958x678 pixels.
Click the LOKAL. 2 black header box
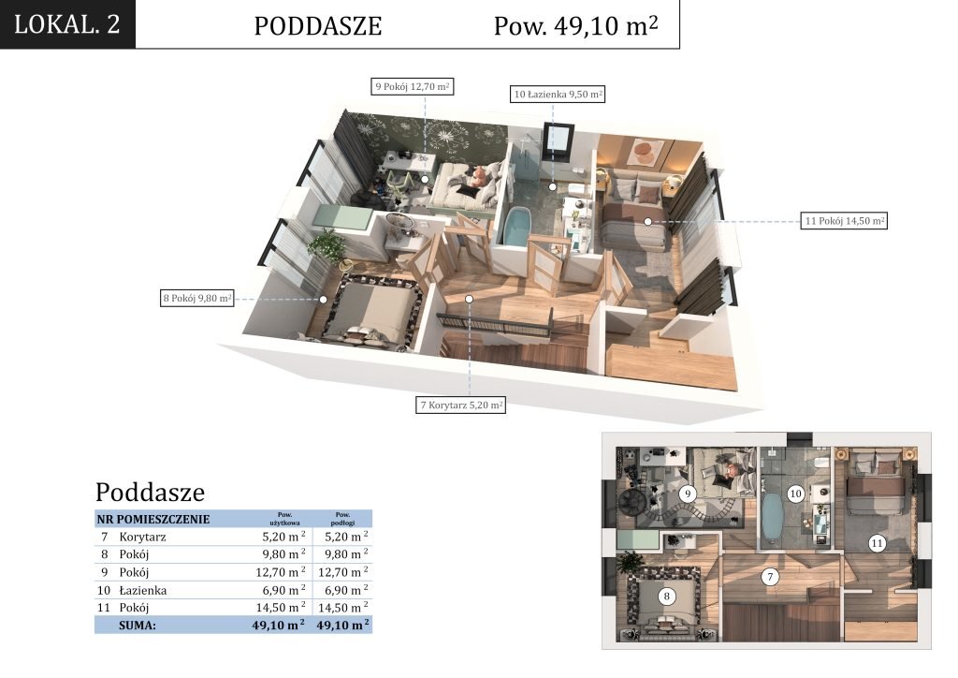pyautogui.click(x=67, y=23)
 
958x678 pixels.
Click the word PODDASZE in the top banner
pyautogui.click(x=318, y=26)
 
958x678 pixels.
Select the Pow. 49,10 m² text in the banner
pyautogui.click(x=575, y=25)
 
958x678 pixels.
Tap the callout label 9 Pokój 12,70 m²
pyautogui.click(x=413, y=86)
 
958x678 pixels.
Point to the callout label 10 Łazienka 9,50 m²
pyautogui.click(x=558, y=95)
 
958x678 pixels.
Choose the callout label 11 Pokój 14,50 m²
pyautogui.click(x=844, y=221)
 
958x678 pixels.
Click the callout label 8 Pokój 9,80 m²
pyautogui.click(x=197, y=299)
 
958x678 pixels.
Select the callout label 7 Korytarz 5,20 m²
pyautogui.click(x=460, y=405)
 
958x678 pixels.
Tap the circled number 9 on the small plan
pyautogui.click(x=688, y=494)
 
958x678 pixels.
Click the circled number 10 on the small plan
pyautogui.click(x=795, y=494)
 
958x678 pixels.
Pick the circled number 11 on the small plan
pyautogui.click(x=877, y=543)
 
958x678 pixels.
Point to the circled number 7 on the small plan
pyautogui.click(x=770, y=577)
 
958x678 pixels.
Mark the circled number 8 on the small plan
pyautogui.click(x=666, y=597)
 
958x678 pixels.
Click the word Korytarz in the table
pyautogui.click(x=142, y=537)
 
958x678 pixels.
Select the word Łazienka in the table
pyautogui.click(x=142, y=590)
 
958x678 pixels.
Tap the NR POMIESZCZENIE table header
pyautogui.click(x=152, y=519)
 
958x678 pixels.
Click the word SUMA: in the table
pyautogui.click(x=138, y=626)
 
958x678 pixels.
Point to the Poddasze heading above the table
pyautogui.click(x=150, y=493)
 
